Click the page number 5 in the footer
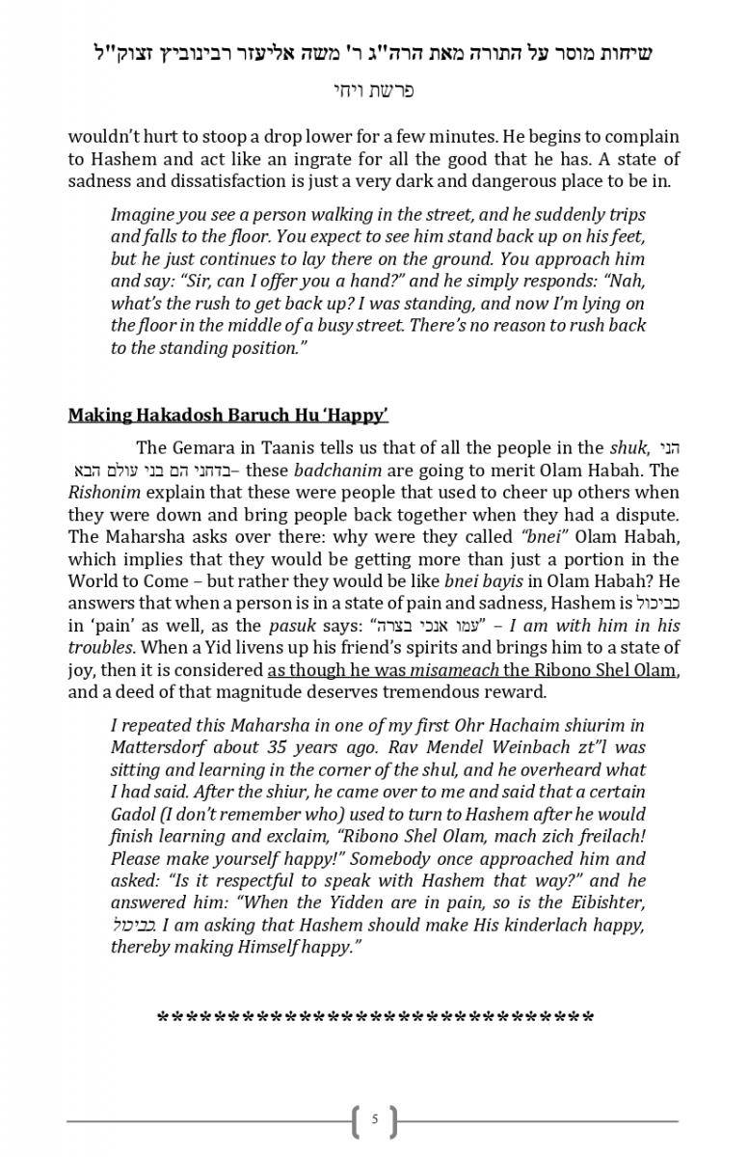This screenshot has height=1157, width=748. tap(375, 1119)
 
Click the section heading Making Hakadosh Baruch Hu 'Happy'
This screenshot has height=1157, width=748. tap(227, 416)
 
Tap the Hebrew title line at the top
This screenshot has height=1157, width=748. tap(373, 54)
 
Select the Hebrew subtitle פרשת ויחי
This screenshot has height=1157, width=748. tap(373, 91)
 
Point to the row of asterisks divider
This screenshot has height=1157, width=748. tap(375, 1018)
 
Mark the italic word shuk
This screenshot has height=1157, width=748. tap(628, 447)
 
